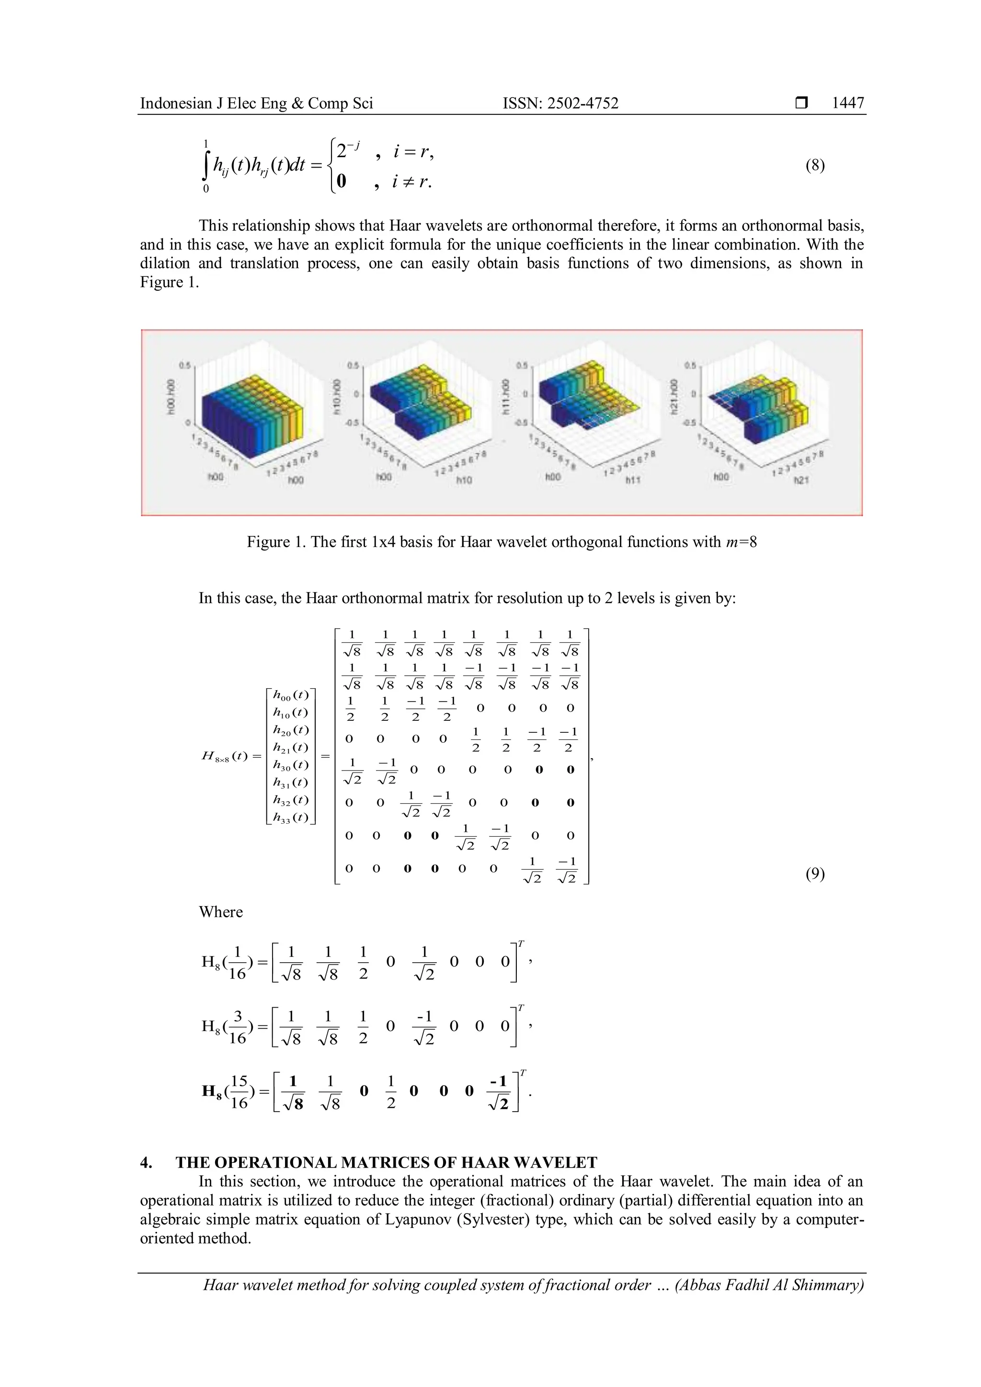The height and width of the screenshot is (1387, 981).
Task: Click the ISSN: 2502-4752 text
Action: tap(560, 103)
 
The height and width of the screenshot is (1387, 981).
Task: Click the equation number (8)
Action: tap(815, 166)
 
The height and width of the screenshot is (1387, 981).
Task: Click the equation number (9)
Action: tap(815, 874)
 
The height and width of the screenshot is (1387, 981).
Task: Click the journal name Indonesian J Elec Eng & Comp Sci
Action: tap(256, 103)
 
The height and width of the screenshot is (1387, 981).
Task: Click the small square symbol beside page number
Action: tap(801, 103)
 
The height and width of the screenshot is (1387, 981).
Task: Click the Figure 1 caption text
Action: tap(502, 542)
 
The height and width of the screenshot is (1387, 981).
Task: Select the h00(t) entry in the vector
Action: tap(291, 695)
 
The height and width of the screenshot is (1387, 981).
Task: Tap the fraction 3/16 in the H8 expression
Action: tap(238, 1029)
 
